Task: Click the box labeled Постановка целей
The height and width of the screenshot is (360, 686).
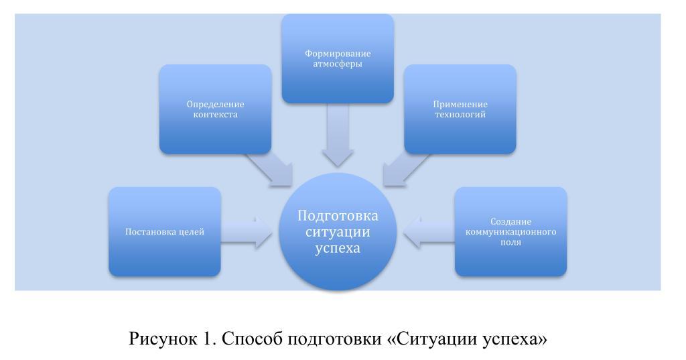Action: click(x=164, y=232)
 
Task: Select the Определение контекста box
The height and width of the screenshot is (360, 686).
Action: click(x=215, y=109)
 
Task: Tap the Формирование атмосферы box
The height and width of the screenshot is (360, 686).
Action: click(x=337, y=58)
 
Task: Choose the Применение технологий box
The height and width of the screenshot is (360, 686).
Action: click(x=460, y=109)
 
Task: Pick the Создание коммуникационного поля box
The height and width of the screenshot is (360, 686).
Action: click(x=510, y=232)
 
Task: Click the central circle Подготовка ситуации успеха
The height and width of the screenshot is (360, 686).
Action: click(x=338, y=232)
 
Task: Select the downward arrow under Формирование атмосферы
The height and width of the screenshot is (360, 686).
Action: click(x=337, y=135)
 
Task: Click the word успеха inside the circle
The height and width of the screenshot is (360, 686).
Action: click(x=338, y=248)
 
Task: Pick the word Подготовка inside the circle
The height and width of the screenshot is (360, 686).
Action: click(x=338, y=216)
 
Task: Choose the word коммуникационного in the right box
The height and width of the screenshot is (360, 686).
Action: click(x=511, y=232)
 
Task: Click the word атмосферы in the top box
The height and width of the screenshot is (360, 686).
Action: click(x=337, y=64)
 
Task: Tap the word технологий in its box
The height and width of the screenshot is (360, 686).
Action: click(x=460, y=115)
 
